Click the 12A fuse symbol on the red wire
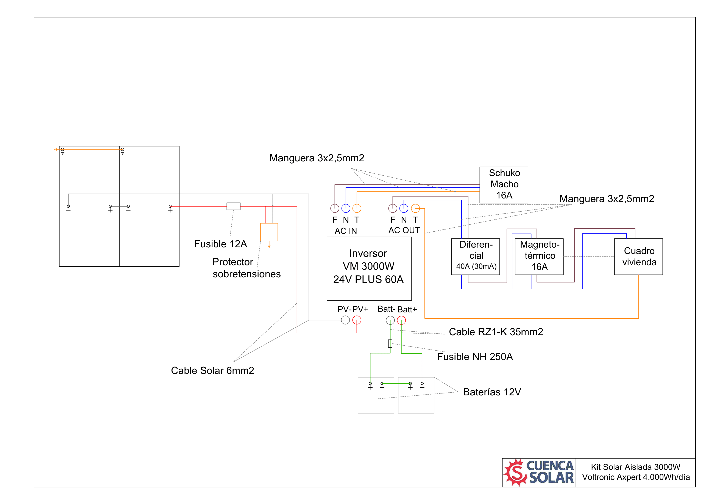click(234, 206)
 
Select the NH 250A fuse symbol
click(390, 343)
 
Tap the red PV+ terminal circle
click(357, 320)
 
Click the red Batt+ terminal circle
click(401, 320)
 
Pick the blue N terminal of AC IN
click(346, 208)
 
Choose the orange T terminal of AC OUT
click(415, 208)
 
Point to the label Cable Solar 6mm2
click(212, 370)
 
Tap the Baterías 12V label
click(492, 392)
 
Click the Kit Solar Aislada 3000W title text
click(635, 467)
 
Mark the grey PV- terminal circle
click(345, 320)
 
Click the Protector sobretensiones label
click(247, 268)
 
